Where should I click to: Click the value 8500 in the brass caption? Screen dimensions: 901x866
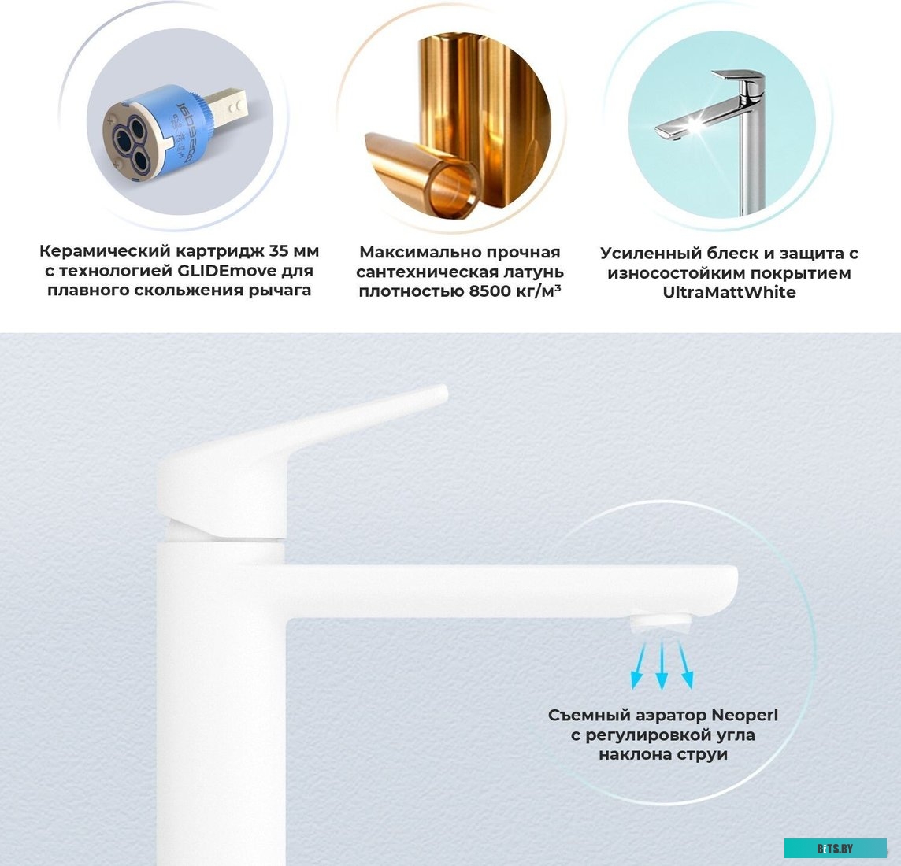(489, 291)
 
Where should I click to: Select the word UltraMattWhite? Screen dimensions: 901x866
(729, 292)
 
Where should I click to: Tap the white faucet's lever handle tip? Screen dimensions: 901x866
(439, 394)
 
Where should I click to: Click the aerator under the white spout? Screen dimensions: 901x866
(662, 623)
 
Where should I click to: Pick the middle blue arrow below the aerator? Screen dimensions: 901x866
(662, 665)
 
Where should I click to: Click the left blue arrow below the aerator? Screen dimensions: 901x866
(639, 665)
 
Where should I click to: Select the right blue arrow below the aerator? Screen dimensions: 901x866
(685, 665)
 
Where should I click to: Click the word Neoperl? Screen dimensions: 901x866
(745, 716)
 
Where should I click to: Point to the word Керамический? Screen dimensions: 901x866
(106, 251)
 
